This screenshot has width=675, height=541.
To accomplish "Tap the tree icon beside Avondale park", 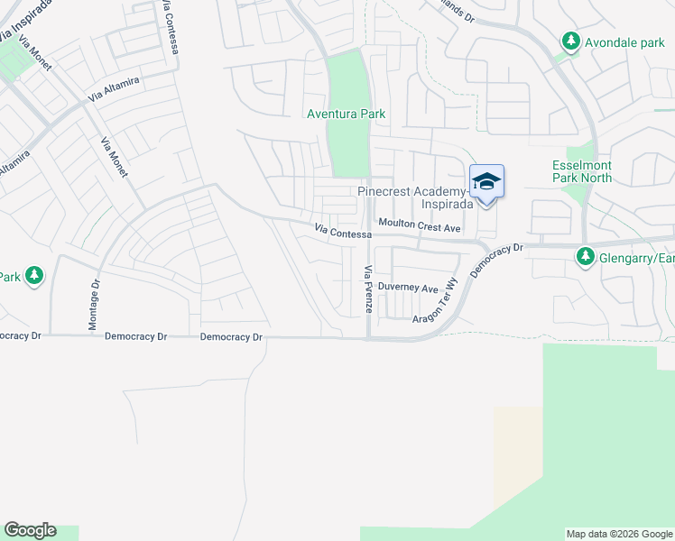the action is coord(570,41).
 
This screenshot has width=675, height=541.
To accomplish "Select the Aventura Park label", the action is coord(347,114).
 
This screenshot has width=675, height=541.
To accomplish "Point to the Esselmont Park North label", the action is coord(582,171).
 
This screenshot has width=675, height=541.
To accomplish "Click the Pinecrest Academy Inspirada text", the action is coord(415,197).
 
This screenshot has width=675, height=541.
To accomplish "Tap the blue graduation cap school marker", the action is coord(486,182).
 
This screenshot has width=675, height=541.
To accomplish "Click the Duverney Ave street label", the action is coord(407,288).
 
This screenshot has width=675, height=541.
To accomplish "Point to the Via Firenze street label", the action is coord(367,289).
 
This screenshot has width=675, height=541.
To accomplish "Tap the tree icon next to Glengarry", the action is coord(585,259).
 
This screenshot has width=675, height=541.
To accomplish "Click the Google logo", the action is coord(30,530).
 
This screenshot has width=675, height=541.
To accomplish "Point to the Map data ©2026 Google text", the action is coord(619,534).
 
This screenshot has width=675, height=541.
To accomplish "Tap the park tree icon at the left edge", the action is coord(34,275).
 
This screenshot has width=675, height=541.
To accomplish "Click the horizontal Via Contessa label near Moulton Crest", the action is coord(343,233).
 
